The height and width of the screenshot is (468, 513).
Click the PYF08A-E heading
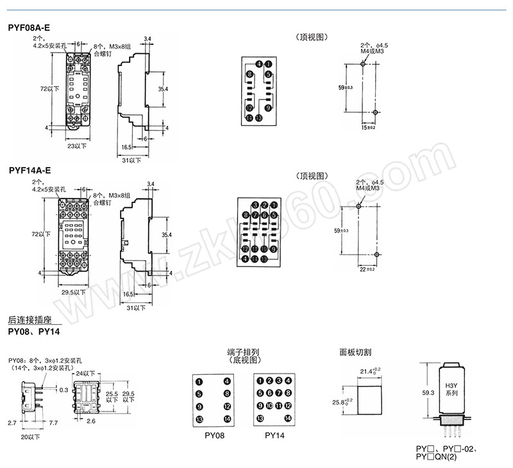tap(29, 28)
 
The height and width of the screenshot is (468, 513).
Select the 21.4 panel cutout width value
tap(371, 371)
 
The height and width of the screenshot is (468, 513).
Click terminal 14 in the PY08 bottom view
tap(226, 419)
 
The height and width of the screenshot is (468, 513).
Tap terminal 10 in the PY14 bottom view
tap(278, 406)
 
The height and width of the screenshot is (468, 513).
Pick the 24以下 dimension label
tap(85, 374)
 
